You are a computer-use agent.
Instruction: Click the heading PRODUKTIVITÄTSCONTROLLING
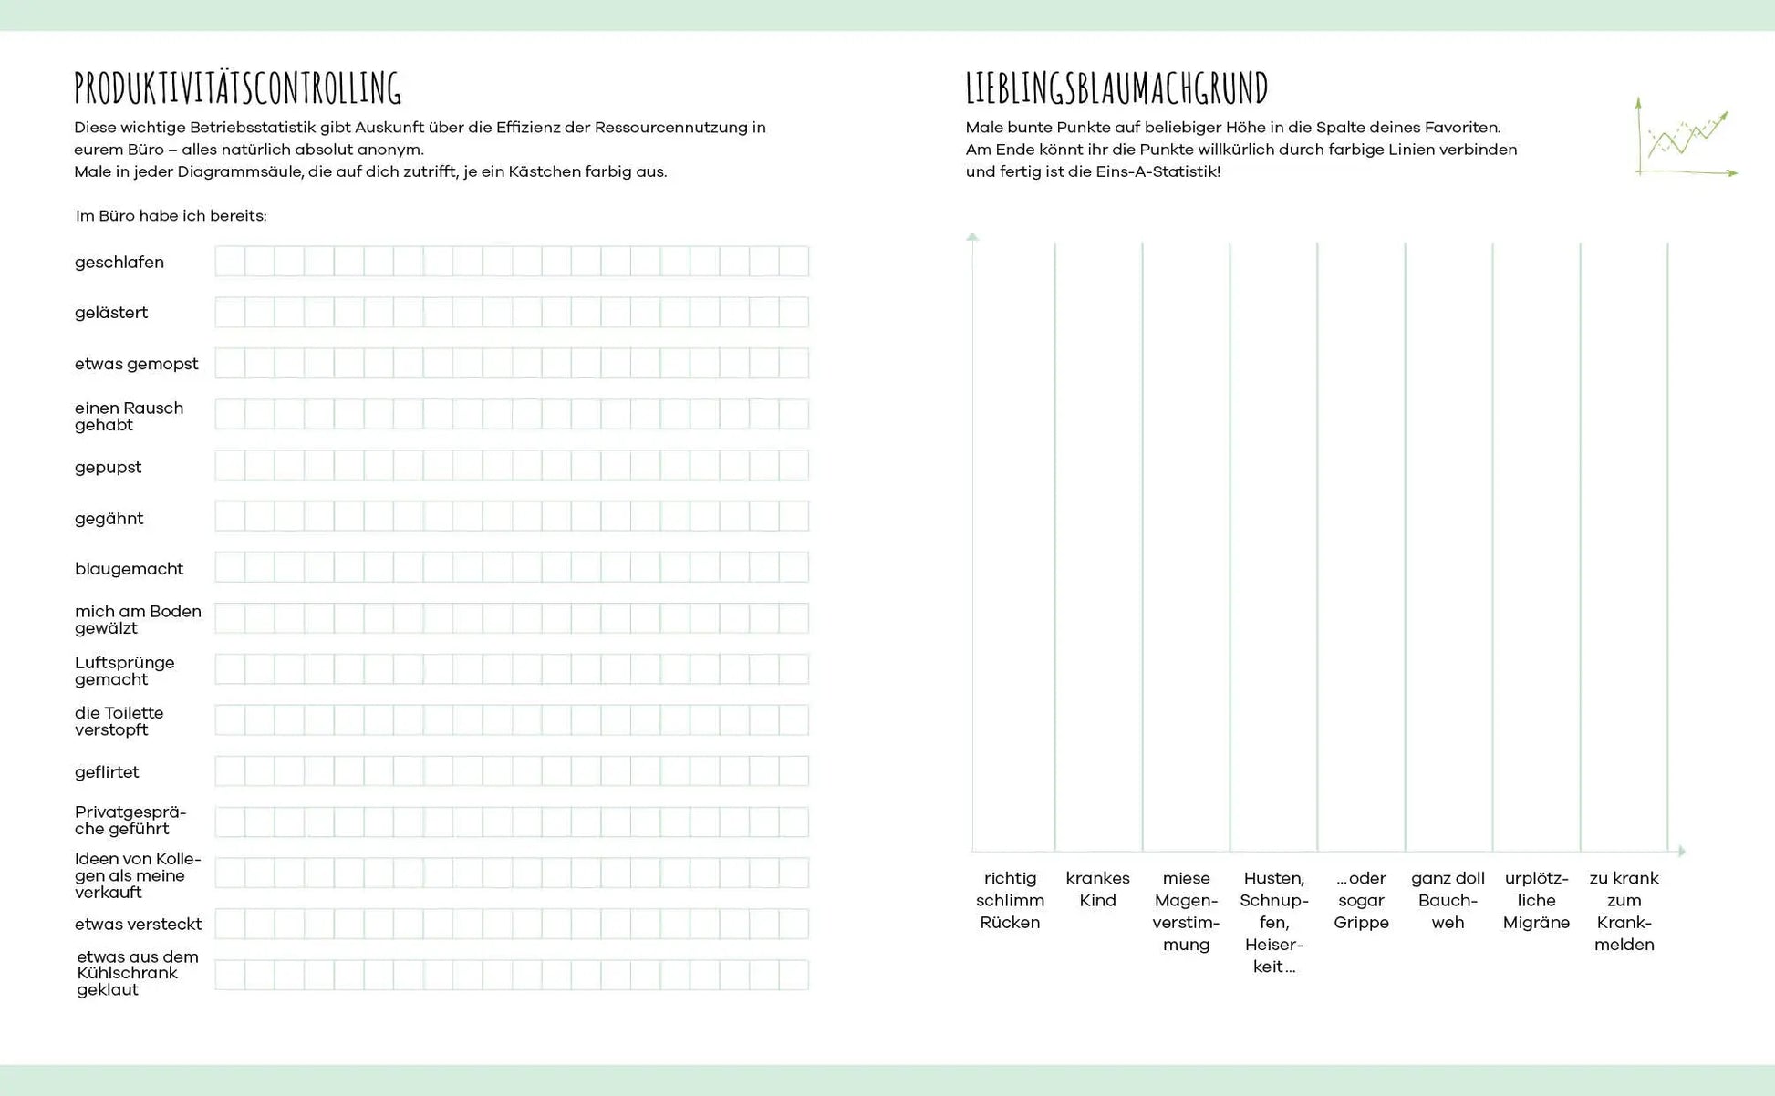pyautogui.click(x=237, y=88)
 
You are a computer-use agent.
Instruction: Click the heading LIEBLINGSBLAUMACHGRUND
pyautogui.click(x=1116, y=88)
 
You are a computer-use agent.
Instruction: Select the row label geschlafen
pyautogui.click(x=119, y=263)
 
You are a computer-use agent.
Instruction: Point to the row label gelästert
pyautogui.click(x=111, y=313)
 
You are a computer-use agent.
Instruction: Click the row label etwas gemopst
pyautogui.click(x=137, y=364)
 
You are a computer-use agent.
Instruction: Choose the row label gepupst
pyautogui.click(x=109, y=468)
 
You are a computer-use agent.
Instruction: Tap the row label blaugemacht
pyautogui.click(x=130, y=569)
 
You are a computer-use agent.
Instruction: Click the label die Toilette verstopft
pyautogui.click(x=119, y=721)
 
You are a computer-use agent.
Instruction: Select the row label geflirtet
pyautogui.click(x=107, y=772)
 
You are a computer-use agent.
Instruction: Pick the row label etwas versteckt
pyautogui.click(x=139, y=925)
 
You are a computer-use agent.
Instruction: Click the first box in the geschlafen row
pyautogui.click(x=230, y=262)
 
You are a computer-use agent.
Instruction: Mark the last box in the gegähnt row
pyautogui.click(x=794, y=517)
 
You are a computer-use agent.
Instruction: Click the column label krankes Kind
pyautogui.click(x=1097, y=890)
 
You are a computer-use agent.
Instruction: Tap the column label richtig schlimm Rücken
pyautogui.click(x=1010, y=901)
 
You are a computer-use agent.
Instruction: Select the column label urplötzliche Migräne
pyautogui.click(x=1536, y=901)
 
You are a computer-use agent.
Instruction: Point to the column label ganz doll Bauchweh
pyautogui.click(x=1448, y=901)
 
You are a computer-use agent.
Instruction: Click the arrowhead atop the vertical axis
pyautogui.click(x=972, y=237)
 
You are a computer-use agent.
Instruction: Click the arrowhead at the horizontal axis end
pyautogui.click(x=1681, y=851)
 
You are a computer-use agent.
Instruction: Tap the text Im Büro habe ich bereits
pyautogui.click(x=171, y=216)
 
